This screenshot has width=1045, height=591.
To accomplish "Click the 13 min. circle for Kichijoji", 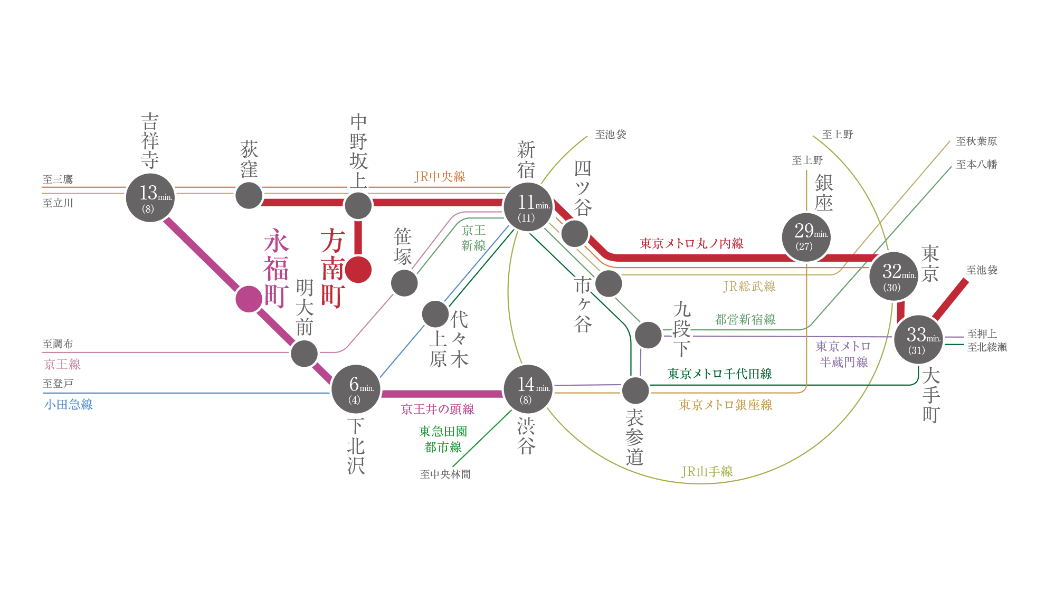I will pos(150,198).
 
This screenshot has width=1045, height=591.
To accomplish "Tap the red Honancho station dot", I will pos(358,270).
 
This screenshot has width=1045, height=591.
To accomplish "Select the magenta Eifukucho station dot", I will pos(249,299).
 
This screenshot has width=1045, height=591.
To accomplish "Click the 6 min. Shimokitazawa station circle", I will pos(356,389).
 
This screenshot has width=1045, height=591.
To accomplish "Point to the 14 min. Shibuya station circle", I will pos(528,389).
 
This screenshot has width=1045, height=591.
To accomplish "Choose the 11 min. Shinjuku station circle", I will pos(528,207).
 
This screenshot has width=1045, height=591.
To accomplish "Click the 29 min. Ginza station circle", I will pos(806,237).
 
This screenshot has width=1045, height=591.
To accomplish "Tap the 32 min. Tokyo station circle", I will pos(894,276).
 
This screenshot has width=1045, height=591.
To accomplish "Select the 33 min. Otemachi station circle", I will pos(918,339).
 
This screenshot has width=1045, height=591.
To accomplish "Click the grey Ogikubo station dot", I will pos(249,196).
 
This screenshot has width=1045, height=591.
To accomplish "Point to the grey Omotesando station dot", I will pos(635,390).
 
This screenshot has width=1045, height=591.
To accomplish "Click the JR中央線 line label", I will pos(440,177).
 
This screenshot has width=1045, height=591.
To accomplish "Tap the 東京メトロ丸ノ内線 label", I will pos(691,243).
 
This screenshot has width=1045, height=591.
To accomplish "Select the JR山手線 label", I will pos(707,471).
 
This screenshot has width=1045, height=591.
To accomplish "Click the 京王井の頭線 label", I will pos(438,409).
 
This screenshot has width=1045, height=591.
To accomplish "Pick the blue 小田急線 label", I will pos(69,405).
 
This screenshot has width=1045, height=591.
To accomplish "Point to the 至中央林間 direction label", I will pos(445,474).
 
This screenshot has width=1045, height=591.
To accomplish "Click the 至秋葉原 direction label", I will pos(976,141).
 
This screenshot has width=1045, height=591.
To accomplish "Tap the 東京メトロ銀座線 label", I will pos(725,405).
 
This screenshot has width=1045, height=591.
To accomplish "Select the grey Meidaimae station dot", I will pos(305,353).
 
